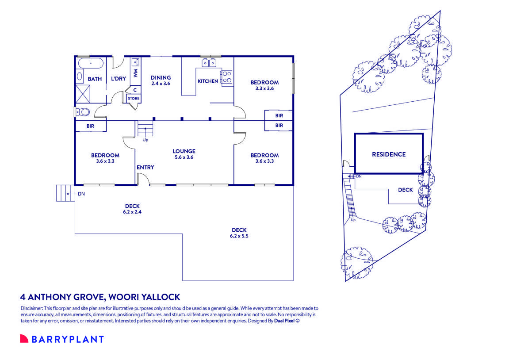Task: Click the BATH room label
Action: [95, 79]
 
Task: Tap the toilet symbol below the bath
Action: [83, 111]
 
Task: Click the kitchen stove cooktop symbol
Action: [227, 77]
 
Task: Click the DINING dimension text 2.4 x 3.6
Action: [161, 83]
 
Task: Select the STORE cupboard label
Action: [134, 99]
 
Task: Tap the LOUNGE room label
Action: [184, 151]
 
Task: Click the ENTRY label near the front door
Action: [145, 167]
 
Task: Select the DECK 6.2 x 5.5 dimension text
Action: [239, 236]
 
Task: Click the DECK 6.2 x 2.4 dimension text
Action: [132, 212]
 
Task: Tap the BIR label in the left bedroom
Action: [90, 126]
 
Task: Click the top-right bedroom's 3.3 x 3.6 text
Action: [264, 88]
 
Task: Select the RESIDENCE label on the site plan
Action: [388, 154]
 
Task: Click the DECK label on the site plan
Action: [405, 190]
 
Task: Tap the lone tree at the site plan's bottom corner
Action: [356, 260]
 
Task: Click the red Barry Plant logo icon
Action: [24, 339]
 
